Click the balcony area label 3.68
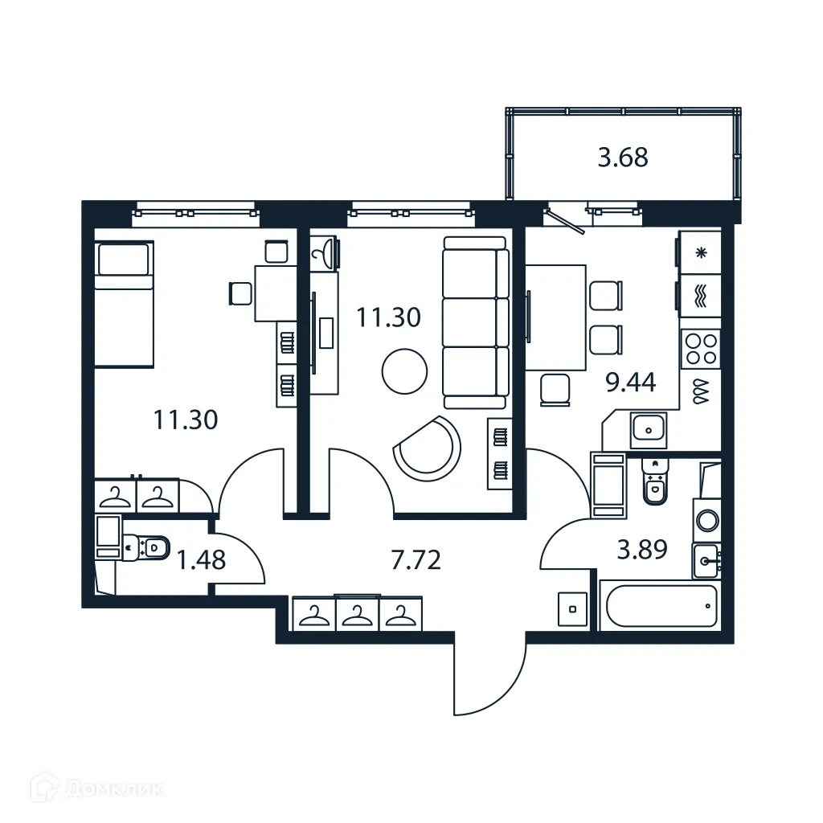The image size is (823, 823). [x=623, y=158]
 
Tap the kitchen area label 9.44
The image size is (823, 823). [x=630, y=382]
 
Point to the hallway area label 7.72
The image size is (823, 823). [x=416, y=559]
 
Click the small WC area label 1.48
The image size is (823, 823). [x=200, y=559]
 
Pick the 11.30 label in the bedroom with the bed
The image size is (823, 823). [x=185, y=419]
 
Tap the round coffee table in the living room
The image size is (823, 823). [x=404, y=371]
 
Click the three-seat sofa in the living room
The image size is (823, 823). [x=475, y=322]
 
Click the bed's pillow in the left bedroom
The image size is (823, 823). [x=123, y=260]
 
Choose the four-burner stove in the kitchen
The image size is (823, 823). [x=699, y=349]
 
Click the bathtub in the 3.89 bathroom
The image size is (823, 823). [x=661, y=605]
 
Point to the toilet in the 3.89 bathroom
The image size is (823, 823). [x=656, y=483]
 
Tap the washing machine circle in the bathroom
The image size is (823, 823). [x=707, y=520]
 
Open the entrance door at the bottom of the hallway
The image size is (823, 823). [x=489, y=675]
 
